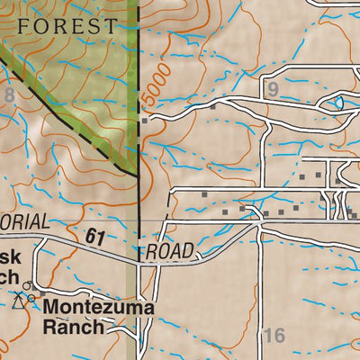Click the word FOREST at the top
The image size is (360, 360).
67,26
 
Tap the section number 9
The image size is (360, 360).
273,89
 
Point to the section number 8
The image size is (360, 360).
9,94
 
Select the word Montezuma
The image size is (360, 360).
98,308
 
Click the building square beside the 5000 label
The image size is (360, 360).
143,120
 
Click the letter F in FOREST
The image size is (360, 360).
23,26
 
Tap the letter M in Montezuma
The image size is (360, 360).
51,308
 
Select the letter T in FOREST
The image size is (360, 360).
110,26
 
